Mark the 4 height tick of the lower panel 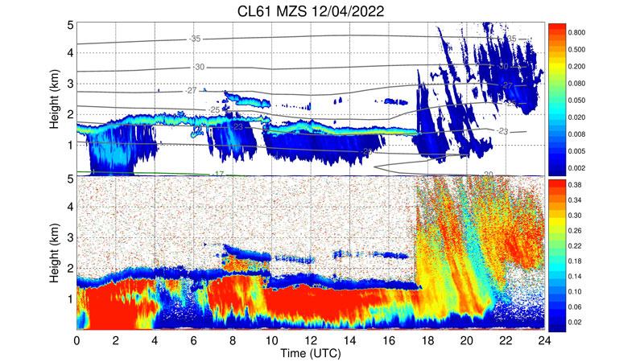click(70, 207)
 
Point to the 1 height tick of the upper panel click(70, 145)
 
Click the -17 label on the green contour click(217, 174)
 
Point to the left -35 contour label click(194, 39)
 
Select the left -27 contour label click(190, 91)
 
